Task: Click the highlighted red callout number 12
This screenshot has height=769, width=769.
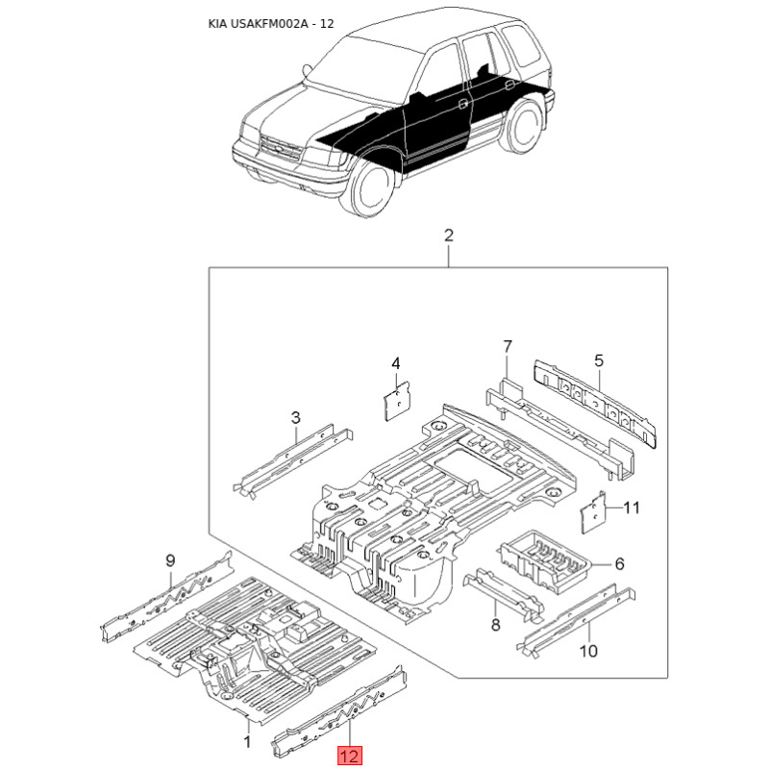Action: tap(349, 756)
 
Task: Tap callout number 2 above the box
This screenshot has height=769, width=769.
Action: tap(449, 236)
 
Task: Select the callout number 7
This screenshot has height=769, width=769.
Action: tap(508, 347)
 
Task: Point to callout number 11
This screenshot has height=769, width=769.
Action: tap(632, 508)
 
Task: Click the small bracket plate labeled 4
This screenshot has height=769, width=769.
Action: tap(396, 400)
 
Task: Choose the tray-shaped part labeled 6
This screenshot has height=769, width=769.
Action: tap(544, 559)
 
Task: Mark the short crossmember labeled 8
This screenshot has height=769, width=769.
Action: tap(504, 595)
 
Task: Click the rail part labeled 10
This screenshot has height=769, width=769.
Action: tap(576, 620)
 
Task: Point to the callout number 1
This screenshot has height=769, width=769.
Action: tap(248, 741)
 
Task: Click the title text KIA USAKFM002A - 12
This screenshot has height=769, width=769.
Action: tap(271, 23)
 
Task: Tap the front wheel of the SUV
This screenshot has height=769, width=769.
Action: tap(373, 186)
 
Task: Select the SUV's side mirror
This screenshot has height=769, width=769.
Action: tap(308, 71)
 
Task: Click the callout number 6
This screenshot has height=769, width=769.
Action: tap(619, 564)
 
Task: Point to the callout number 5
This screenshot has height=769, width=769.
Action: tap(598, 361)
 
